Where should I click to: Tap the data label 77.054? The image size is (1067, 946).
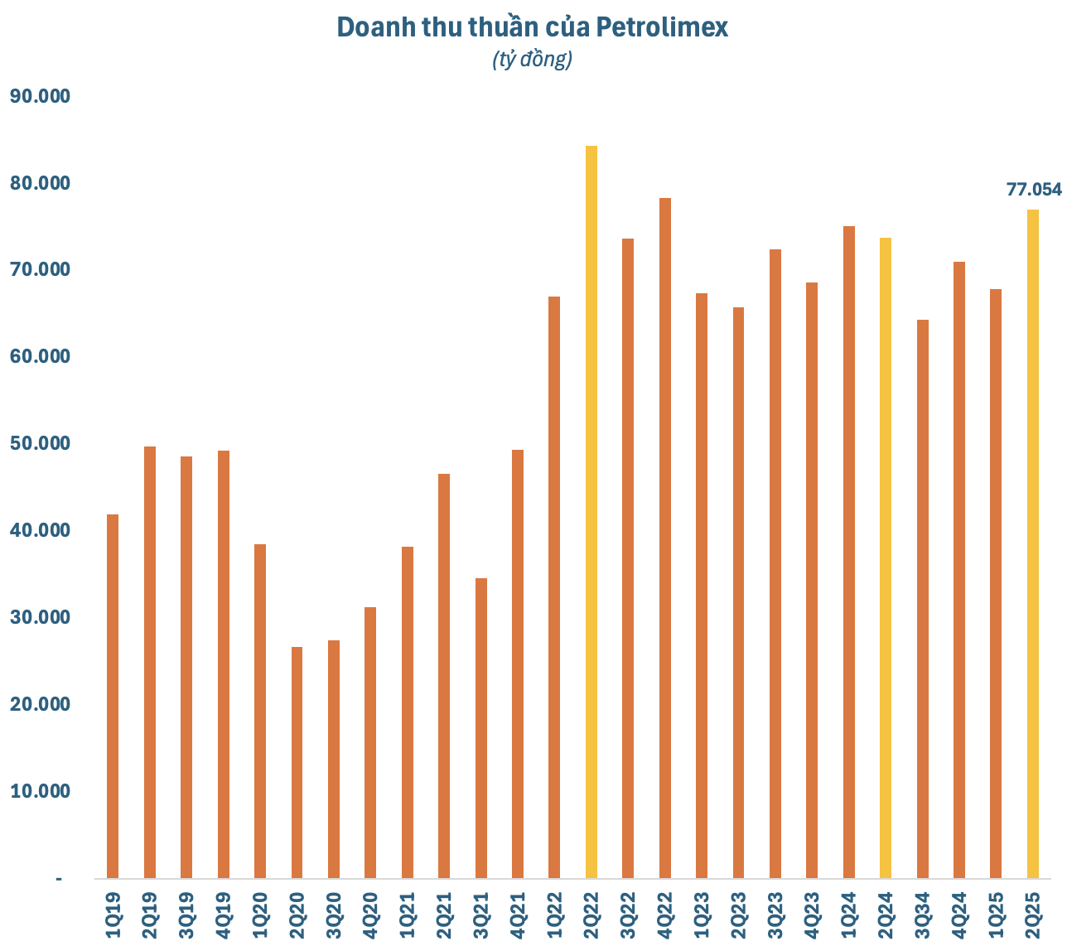(x=1033, y=190)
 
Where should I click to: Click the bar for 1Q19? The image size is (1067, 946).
(x=113, y=696)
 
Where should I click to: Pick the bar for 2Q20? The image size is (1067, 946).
(x=297, y=762)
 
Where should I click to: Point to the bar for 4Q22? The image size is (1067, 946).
(x=664, y=538)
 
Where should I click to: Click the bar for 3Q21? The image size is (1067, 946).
(x=480, y=728)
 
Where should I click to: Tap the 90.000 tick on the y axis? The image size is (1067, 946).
(x=40, y=96)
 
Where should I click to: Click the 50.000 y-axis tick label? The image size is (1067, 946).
(x=40, y=443)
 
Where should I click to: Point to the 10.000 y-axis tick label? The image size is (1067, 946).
(x=40, y=791)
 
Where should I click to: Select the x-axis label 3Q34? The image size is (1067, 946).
(x=922, y=915)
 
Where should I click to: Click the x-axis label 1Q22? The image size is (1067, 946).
(x=555, y=915)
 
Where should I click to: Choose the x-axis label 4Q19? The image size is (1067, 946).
(x=224, y=915)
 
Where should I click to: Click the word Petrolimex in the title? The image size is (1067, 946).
(x=663, y=27)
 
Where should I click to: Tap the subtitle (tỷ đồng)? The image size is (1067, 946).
(x=532, y=60)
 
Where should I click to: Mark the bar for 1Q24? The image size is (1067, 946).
(x=848, y=552)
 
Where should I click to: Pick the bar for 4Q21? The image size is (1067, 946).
(x=518, y=664)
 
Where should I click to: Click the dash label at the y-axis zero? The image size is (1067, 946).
(x=59, y=878)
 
